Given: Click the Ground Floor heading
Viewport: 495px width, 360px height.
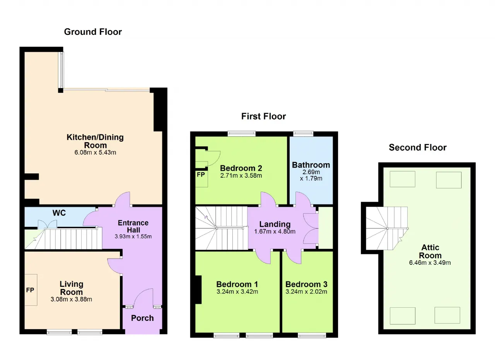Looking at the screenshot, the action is [93, 32].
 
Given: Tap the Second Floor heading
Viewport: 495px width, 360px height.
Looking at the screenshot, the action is [418, 147].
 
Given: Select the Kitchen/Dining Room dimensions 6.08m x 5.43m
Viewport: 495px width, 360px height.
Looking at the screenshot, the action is [95, 153].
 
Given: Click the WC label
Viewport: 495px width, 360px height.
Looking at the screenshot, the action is [59, 213].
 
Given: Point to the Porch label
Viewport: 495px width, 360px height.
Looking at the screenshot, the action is [142, 318].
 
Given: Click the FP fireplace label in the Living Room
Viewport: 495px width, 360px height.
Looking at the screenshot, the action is [30, 290].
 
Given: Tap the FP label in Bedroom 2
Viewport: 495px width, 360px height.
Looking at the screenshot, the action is [201, 175].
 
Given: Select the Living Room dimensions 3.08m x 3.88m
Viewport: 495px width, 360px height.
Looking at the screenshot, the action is [71, 299].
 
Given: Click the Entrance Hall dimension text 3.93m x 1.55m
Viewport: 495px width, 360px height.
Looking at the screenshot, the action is [133, 237].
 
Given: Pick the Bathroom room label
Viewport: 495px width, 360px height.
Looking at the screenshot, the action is [311, 165].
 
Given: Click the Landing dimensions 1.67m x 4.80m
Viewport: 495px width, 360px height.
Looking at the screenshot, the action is [275, 231].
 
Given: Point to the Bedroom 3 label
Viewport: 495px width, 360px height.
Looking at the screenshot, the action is [306, 284].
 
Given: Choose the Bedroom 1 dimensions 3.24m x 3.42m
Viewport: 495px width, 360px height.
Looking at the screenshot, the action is [237, 291].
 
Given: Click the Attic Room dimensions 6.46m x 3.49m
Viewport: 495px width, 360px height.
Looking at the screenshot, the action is [430, 262].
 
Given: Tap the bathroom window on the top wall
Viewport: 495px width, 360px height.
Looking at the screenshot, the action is [303, 133].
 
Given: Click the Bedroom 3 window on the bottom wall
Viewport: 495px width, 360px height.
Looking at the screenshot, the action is [312, 336].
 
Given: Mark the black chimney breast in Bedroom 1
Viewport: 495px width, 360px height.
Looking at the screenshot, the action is [198, 290].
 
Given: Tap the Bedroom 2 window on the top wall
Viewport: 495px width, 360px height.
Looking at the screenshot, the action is [242, 133].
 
